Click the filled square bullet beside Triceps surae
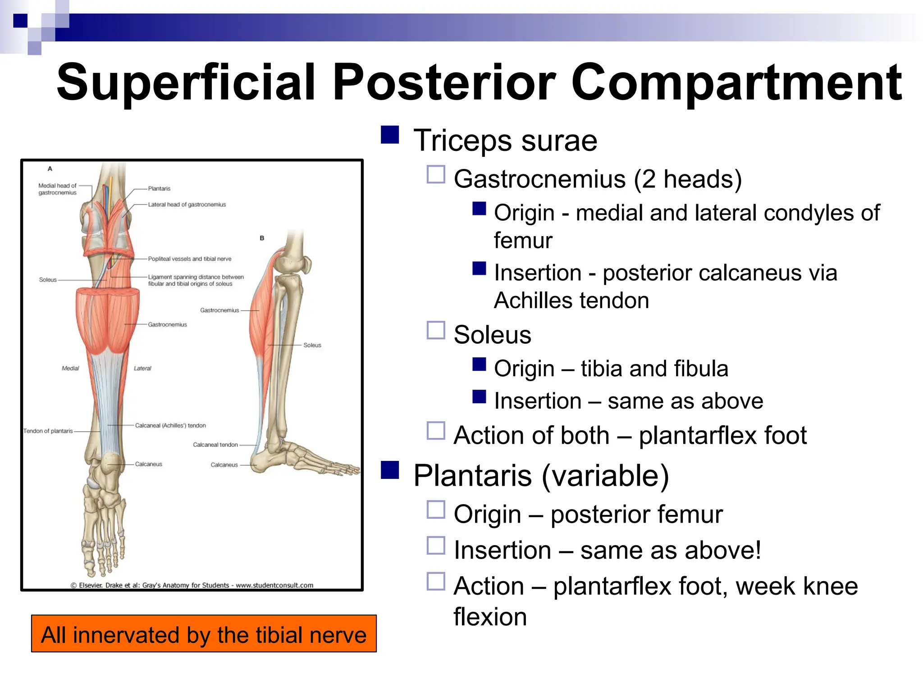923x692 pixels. coord(390,135)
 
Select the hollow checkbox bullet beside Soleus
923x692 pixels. coord(436,330)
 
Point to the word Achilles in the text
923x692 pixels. coord(535,300)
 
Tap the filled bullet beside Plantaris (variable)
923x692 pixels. coord(390,469)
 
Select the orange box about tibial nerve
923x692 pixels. coord(204,633)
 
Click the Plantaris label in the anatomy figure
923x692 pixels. coord(159,188)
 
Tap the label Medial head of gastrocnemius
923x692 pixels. coord(57,189)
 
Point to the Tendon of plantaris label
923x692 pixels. coord(48,431)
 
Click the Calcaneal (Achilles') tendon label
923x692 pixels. coord(170,425)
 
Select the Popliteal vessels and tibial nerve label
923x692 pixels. coord(189,259)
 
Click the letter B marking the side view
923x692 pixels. coord(262,238)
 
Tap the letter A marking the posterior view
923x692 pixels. coord(50,168)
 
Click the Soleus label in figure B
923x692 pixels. coord(312,345)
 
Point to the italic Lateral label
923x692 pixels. coord(142,368)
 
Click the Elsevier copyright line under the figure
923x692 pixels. coord(192,585)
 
